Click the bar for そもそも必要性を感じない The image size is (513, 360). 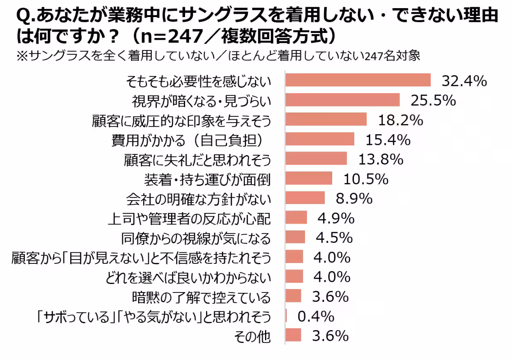358,80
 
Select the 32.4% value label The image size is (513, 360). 464,80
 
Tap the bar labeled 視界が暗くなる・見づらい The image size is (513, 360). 342,100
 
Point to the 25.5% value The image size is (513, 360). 433,100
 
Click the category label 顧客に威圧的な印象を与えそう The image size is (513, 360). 181,120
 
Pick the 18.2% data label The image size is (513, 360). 400,120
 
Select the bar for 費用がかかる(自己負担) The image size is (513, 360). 319,139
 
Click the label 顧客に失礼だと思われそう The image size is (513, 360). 197,159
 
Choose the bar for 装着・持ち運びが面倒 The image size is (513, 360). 308,179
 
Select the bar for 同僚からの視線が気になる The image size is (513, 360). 295,237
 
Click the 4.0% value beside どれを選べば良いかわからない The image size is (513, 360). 332,277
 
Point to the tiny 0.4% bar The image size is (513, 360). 286,316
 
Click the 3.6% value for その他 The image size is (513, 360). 330,336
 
